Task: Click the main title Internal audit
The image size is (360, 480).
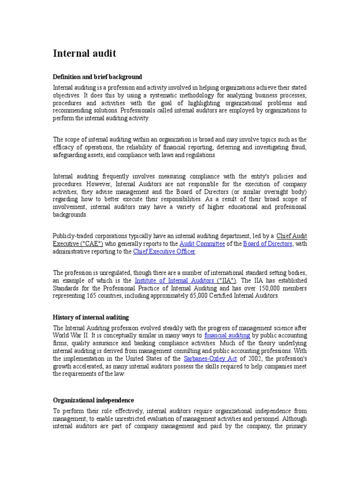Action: pyautogui.click(x=84, y=53)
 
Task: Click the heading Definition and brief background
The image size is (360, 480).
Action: pyautogui.click(x=97, y=76)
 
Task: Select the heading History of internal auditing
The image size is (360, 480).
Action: pyautogui.click(x=90, y=317)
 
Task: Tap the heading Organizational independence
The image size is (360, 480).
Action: pyautogui.click(x=93, y=400)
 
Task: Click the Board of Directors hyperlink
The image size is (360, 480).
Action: pyautogui.click(x=268, y=244)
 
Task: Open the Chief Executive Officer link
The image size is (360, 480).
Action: pyautogui.click(x=164, y=252)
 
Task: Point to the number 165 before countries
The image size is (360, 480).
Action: pyautogui.click(x=92, y=296)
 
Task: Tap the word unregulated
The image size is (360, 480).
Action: pyautogui.click(x=109, y=272)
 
